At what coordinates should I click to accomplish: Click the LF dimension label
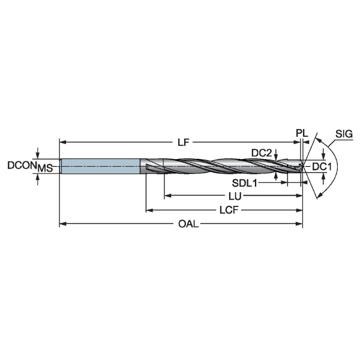point(183,143)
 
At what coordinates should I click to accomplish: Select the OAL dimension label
point(188,224)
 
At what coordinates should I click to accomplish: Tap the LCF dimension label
point(229,210)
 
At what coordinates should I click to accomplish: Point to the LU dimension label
point(235,196)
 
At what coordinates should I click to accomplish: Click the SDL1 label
point(245,183)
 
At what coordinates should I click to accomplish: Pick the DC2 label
point(262,152)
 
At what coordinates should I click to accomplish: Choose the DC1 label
point(322,167)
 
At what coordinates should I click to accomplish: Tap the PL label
point(302,133)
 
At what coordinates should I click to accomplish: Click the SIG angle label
point(344,134)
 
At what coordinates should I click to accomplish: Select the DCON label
point(22,166)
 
